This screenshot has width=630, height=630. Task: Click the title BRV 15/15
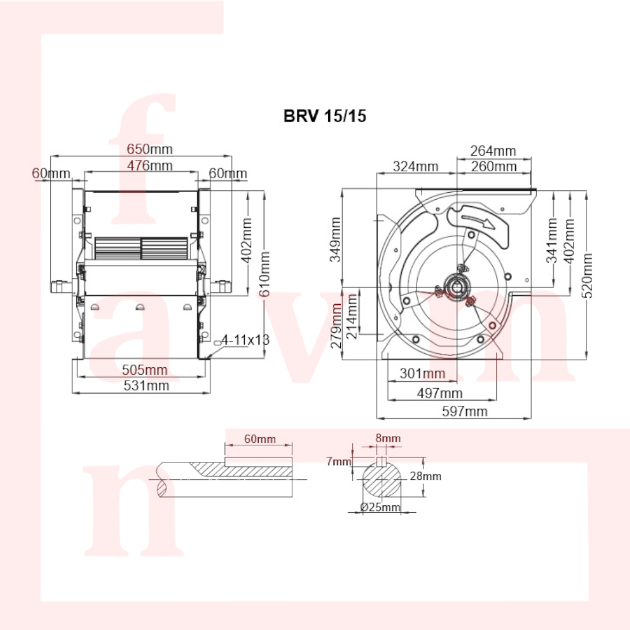pyautogui.click(x=324, y=116)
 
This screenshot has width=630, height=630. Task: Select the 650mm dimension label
pyautogui.click(x=149, y=149)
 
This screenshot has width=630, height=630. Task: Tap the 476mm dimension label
pyautogui.click(x=150, y=165)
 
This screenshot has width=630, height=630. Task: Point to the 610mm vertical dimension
pyautogui.click(x=265, y=275)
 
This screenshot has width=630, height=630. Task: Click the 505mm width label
pyautogui.click(x=145, y=370)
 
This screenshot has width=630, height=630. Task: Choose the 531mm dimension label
pyautogui.click(x=146, y=386)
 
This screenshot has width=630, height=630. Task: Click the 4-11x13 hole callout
pyautogui.click(x=245, y=340)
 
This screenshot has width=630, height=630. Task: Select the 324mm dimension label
pyautogui.click(x=415, y=166)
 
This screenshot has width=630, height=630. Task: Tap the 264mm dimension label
pyautogui.click(x=493, y=151)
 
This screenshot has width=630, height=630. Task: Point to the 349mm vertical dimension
pyautogui.click(x=335, y=239)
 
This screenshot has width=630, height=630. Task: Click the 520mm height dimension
pyautogui.click(x=587, y=276)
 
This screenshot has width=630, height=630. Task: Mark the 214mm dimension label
pyautogui.click(x=352, y=316)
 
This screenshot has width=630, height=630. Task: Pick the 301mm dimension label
pyautogui.click(x=422, y=374)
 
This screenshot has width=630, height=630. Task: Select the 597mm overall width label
pyautogui.click(x=464, y=411)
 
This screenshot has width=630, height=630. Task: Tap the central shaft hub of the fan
pyautogui.click(x=457, y=286)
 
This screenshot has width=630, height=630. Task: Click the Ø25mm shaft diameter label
pyautogui.click(x=380, y=507)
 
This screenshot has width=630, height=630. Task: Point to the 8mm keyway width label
pyautogui.click(x=388, y=438)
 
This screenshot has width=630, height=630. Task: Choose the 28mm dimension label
pyautogui.click(x=425, y=476)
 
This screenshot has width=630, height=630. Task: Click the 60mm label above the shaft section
pyautogui.click(x=260, y=438)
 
